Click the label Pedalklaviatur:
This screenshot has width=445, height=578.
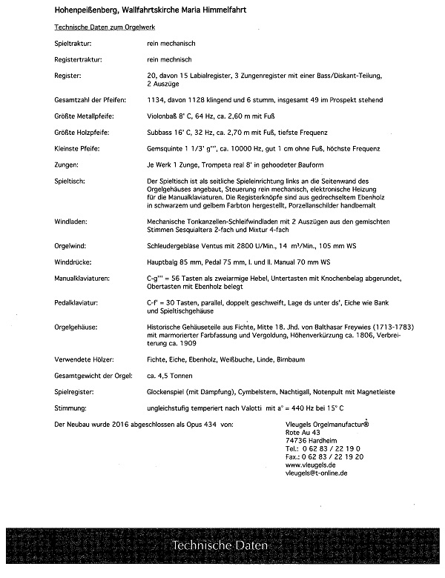point(79,303)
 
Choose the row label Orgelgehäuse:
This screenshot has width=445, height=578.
point(77,325)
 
